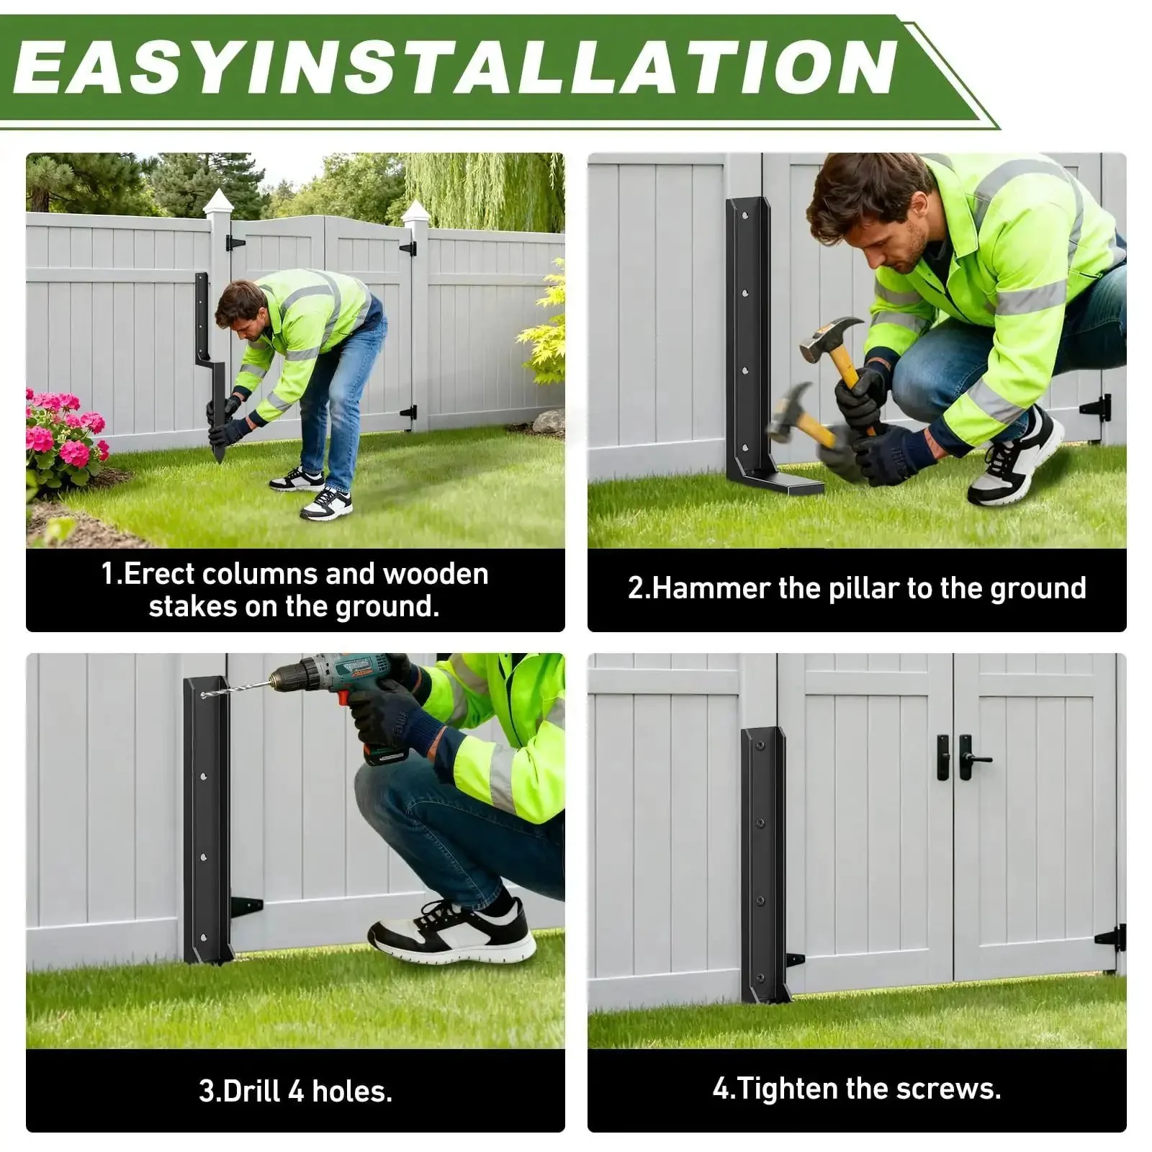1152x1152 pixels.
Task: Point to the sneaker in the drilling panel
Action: (x=452, y=930)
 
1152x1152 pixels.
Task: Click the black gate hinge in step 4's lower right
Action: (x=1110, y=938)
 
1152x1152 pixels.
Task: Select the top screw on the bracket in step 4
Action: (x=759, y=745)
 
